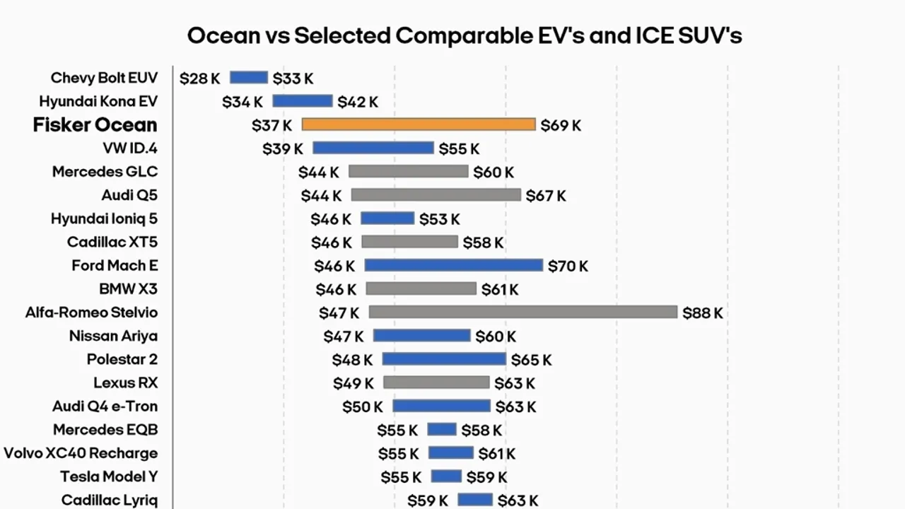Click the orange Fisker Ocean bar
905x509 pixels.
point(419,124)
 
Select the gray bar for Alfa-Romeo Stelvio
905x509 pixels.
point(523,312)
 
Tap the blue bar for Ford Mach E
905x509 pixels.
point(454,265)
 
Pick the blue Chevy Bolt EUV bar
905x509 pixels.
point(249,78)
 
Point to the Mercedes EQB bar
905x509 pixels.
point(442,429)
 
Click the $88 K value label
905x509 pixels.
point(702,312)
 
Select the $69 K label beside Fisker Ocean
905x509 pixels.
point(561,125)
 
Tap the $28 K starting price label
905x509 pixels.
point(199,78)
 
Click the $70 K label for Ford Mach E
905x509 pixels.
point(568,266)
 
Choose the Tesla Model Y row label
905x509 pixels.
point(109,476)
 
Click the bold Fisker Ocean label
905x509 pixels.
point(95,125)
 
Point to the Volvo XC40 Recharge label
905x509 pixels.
point(81,453)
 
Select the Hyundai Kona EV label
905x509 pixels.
point(98,101)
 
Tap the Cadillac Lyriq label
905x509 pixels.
point(110,500)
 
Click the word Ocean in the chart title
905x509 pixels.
point(224,35)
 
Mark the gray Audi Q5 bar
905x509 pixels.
point(436,194)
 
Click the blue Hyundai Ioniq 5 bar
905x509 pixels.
point(387,218)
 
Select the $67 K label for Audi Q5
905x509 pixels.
point(546,196)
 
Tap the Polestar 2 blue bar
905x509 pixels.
point(444,359)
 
